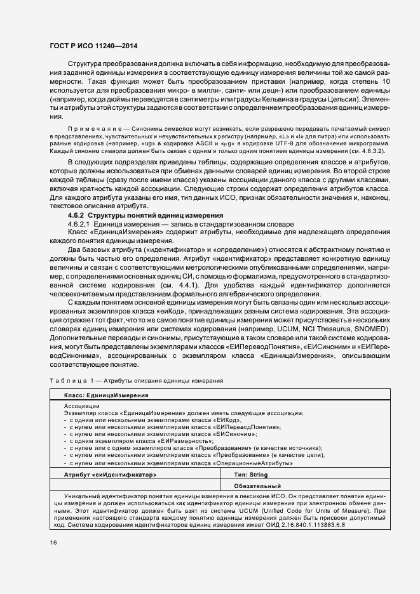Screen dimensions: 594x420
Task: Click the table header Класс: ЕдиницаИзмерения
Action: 106,395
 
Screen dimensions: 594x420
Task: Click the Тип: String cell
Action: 251,474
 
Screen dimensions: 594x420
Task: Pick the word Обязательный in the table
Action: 257,485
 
